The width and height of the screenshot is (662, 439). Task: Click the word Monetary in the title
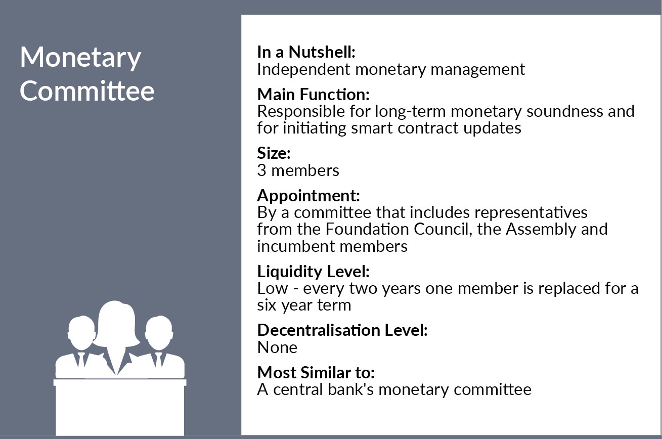pyautogui.click(x=80, y=58)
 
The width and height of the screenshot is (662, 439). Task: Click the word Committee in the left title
pyautogui.click(x=87, y=91)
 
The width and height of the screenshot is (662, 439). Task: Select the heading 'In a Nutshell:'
pyautogui.click(x=306, y=52)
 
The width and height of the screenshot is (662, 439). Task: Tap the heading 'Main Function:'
pyautogui.click(x=313, y=94)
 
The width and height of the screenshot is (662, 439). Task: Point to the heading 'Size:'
pyautogui.click(x=274, y=153)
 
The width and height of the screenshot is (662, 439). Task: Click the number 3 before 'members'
pyautogui.click(x=261, y=170)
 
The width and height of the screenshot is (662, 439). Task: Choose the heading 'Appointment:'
pyautogui.click(x=308, y=196)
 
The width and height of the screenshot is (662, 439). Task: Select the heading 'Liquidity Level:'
pyautogui.click(x=313, y=272)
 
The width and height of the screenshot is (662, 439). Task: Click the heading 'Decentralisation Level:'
pyautogui.click(x=342, y=330)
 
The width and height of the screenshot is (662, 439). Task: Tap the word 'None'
pyautogui.click(x=277, y=347)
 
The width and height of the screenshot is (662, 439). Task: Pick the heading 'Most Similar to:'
pyautogui.click(x=316, y=372)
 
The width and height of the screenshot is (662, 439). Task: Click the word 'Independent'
pyautogui.click(x=304, y=70)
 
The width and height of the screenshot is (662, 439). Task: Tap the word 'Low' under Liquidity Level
pyautogui.click(x=273, y=288)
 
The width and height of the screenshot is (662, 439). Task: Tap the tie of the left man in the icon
pyautogui.click(x=81, y=360)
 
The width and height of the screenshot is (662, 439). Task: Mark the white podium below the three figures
pyautogui.click(x=120, y=407)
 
